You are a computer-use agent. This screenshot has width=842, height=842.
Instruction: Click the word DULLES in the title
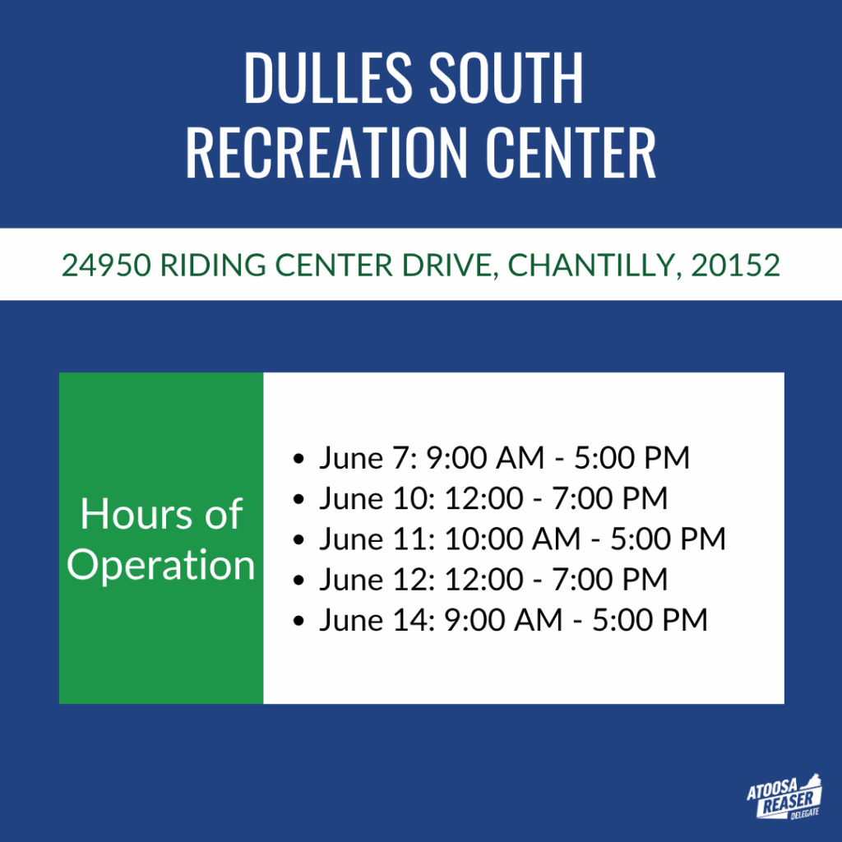tap(327, 78)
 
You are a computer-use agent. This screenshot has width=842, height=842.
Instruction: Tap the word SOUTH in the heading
tap(507, 78)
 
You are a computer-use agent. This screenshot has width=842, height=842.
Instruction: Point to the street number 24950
tap(106, 266)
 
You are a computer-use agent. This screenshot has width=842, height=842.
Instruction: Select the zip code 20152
tap(735, 266)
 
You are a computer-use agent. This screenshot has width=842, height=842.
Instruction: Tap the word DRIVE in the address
tap(450, 266)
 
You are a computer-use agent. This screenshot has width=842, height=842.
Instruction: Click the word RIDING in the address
tap(213, 266)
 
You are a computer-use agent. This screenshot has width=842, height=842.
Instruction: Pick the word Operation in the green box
tap(160, 566)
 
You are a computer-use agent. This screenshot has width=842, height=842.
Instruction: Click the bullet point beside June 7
tap(299, 459)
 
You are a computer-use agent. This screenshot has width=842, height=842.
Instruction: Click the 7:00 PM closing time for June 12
tap(610, 580)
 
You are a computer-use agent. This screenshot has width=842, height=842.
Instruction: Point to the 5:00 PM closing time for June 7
tap(632, 457)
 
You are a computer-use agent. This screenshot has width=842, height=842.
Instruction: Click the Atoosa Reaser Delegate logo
tap(784, 797)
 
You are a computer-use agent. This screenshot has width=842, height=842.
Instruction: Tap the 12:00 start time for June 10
tap(483, 498)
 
